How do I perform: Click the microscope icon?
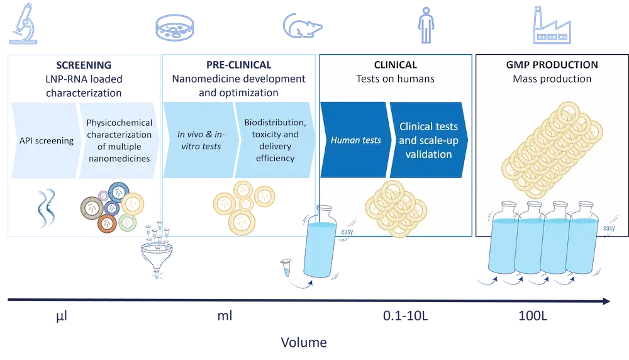click(24, 25)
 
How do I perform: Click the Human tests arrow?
click(355, 140)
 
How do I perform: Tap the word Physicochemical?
click(119, 123)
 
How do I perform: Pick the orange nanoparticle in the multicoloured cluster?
click(108, 223)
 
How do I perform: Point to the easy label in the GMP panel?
click(608, 228)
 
